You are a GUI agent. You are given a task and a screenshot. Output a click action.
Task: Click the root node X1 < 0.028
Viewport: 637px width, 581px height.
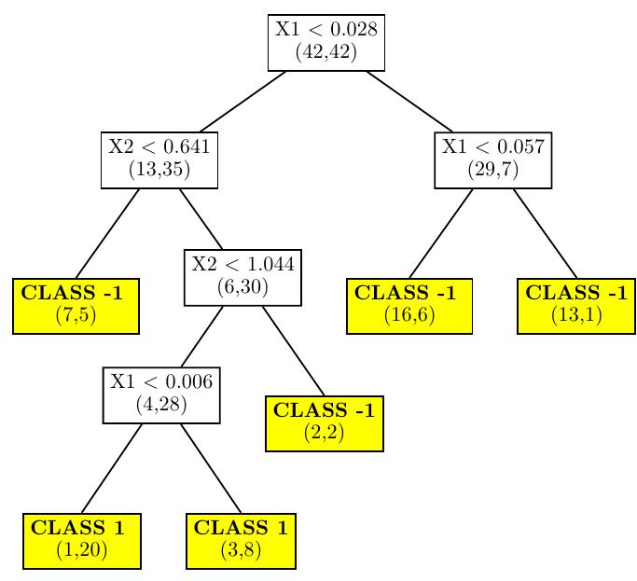(x=326, y=42)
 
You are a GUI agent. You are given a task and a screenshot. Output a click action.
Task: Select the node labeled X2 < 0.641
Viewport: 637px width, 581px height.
(x=159, y=159)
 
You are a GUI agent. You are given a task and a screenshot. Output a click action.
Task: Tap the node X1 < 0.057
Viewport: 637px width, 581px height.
(x=493, y=159)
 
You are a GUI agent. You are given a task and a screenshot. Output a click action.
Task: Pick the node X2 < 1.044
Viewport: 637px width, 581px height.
(x=242, y=277)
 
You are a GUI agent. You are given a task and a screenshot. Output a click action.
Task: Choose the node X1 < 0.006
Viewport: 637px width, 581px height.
(x=161, y=394)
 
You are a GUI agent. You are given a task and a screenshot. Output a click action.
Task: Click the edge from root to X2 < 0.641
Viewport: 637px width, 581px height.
(x=242, y=101)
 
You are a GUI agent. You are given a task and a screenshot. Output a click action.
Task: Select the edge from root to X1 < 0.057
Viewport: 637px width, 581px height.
(x=409, y=101)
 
